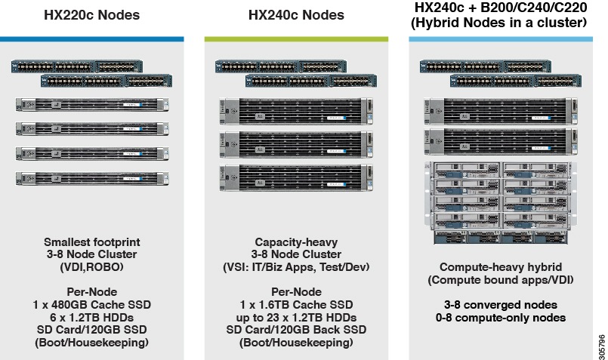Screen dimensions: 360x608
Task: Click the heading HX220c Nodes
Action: (x=92, y=15)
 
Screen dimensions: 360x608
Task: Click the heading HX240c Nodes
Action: (x=296, y=15)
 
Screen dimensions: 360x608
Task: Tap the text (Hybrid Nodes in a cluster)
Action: (x=500, y=23)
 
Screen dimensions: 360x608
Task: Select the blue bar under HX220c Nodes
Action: (x=92, y=38)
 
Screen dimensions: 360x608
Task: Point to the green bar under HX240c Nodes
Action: (x=296, y=38)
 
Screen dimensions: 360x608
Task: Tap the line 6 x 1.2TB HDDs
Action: (x=92, y=318)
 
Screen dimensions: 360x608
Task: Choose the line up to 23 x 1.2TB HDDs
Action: (x=296, y=318)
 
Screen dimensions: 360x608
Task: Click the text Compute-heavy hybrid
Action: (x=500, y=267)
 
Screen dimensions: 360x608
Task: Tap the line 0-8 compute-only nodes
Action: (x=500, y=318)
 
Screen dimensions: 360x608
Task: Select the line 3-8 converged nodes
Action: (x=500, y=305)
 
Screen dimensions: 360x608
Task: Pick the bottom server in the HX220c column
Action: (x=92, y=178)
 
